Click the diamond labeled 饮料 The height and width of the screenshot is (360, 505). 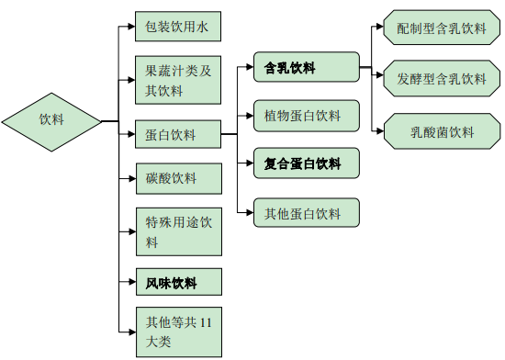pyautogui.click(x=51, y=120)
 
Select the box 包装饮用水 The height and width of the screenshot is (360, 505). pyautogui.click(x=177, y=28)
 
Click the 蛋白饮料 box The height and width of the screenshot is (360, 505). pyautogui.click(x=177, y=135)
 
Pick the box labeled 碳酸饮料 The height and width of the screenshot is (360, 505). pyautogui.click(x=177, y=178)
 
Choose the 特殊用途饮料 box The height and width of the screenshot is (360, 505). pyautogui.click(x=177, y=232)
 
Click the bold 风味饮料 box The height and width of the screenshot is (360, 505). pyautogui.click(x=177, y=283)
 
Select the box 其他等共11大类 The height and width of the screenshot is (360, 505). pyautogui.click(x=177, y=332)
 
